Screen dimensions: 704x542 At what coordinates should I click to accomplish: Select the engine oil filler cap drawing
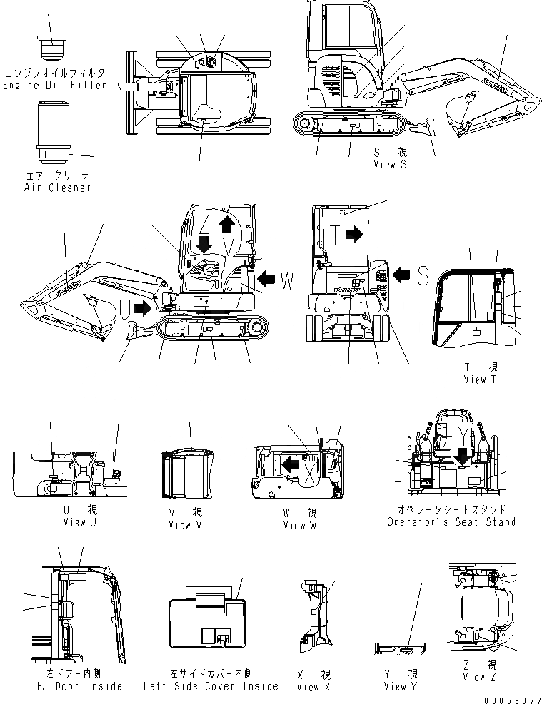(51, 47)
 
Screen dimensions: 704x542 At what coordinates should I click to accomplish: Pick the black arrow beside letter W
(269, 277)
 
